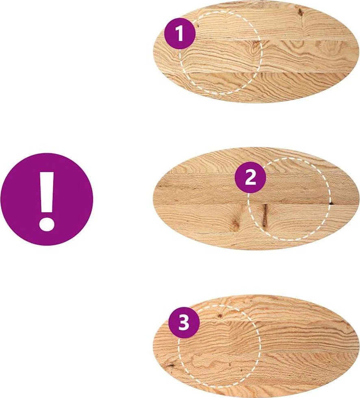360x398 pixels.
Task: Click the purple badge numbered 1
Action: pyautogui.click(x=180, y=33)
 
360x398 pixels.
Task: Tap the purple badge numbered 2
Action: pyautogui.click(x=250, y=177)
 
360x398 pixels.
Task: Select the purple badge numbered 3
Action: pyautogui.click(x=184, y=323)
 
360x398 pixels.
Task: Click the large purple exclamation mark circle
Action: pyautogui.click(x=47, y=199)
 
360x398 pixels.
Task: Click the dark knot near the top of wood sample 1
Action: pyautogui.click(x=300, y=12)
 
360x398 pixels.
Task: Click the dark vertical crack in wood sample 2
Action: pyautogui.click(x=265, y=215)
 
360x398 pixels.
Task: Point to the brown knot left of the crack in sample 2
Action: pyautogui.click(x=235, y=223)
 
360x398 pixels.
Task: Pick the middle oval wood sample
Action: pyautogui.click(x=256, y=198)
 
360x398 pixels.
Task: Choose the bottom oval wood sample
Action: pyautogui.click(x=256, y=346)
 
